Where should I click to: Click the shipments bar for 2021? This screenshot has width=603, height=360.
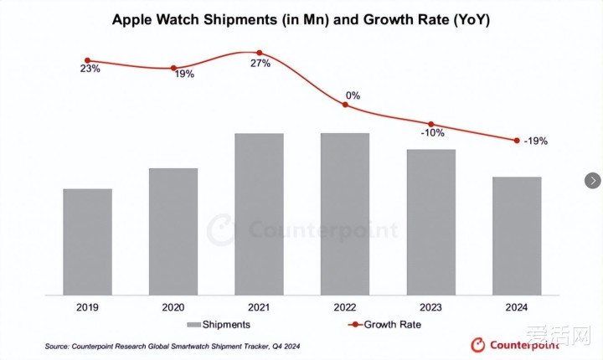pos(259,213)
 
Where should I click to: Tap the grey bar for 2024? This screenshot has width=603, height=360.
pos(517,235)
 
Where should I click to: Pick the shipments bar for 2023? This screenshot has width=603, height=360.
pos(430,222)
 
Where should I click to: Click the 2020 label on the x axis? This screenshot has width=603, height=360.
pos(173,307)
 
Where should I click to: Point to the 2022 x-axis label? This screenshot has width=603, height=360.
pos(344,307)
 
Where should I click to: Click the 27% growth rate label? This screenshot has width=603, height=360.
pos(260,64)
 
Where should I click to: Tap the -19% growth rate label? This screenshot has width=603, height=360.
pos(536,141)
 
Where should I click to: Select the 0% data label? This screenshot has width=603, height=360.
pos(353,95)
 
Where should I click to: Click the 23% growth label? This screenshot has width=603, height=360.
pos(90,69)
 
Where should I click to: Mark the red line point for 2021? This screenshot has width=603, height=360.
pos(259,53)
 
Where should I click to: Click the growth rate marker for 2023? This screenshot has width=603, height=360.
pos(431,124)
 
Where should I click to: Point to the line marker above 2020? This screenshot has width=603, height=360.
pos(173,68)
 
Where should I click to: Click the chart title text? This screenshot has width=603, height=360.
pos(301,20)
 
